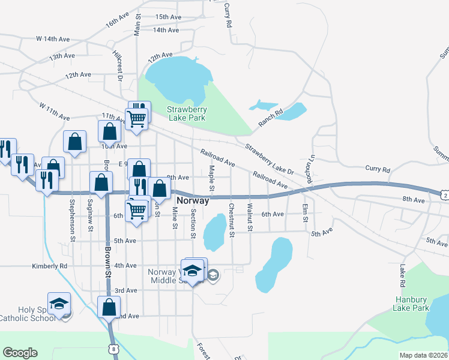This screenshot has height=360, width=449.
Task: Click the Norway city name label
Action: pyautogui.click(x=193, y=201)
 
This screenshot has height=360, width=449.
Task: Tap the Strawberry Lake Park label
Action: pyautogui.click(x=186, y=113)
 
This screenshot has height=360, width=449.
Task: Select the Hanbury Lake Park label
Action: pyautogui.click(x=412, y=304)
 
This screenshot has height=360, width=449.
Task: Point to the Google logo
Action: pyautogui.click(x=20, y=353)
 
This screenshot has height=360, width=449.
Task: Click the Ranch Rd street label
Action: pyautogui.click(x=270, y=114)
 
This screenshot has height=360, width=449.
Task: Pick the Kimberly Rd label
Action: pyautogui.click(x=49, y=266)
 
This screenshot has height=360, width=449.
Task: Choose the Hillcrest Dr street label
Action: pyautogui.click(x=118, y=65)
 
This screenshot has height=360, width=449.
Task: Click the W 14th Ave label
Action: pyautogui.click(x=53, y=39)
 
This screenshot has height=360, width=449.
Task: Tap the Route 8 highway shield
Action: pyautogui.click(x=113, y=348)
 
